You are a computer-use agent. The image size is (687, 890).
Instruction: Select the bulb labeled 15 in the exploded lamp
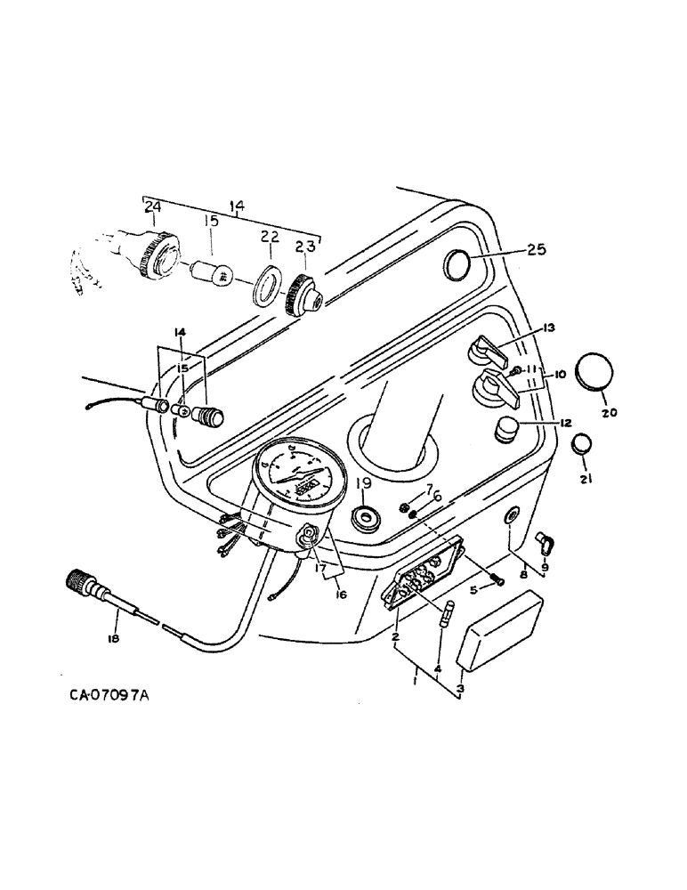point(215,272)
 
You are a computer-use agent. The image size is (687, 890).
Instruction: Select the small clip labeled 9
point(540,539)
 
